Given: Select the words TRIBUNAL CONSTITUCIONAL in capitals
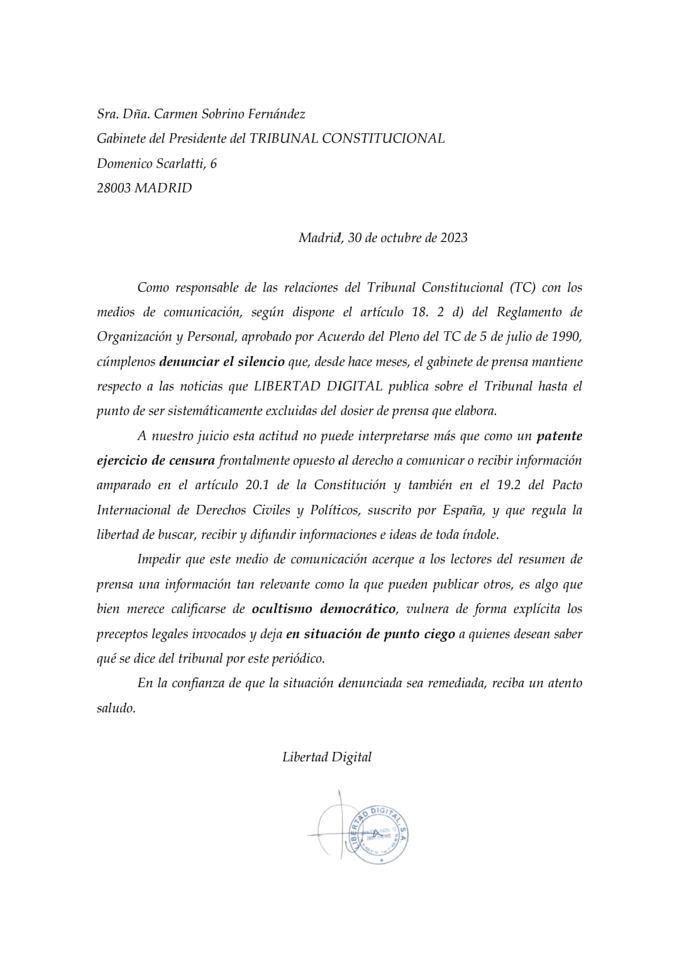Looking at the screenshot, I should (x=347, y=138).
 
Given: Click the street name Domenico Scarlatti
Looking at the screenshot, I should (x=152, y=163).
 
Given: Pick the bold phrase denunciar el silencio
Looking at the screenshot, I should (x=221, y=361).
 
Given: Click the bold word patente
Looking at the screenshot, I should (x=559, y=436).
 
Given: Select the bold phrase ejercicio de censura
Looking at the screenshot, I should (x=156, y=460).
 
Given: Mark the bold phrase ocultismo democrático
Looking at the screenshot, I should (x=324, y=609).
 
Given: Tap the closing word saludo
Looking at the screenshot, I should (x=116, y=708).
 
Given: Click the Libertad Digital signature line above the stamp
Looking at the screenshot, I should (x=327, y=757).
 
